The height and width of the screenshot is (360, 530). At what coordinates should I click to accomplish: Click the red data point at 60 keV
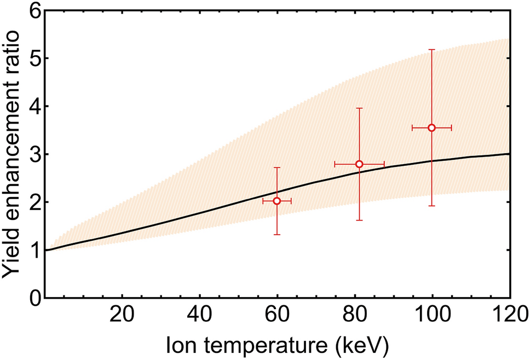pos(277,201)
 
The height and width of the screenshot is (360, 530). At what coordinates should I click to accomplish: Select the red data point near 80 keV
pos(359,164)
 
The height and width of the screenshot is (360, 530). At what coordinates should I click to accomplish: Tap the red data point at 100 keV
pos(431,127)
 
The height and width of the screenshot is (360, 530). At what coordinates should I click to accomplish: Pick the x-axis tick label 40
pos(200,316)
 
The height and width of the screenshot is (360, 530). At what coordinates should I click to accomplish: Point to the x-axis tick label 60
pos(277,316)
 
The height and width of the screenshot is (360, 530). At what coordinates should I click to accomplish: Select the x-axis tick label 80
pos(355,316)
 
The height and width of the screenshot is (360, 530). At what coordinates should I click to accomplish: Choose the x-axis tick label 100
pos(432,316)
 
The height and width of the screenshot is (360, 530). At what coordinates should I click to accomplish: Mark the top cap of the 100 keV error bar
pos(431,50)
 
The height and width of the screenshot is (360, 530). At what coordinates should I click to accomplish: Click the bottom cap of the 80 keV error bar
pos(359,220)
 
